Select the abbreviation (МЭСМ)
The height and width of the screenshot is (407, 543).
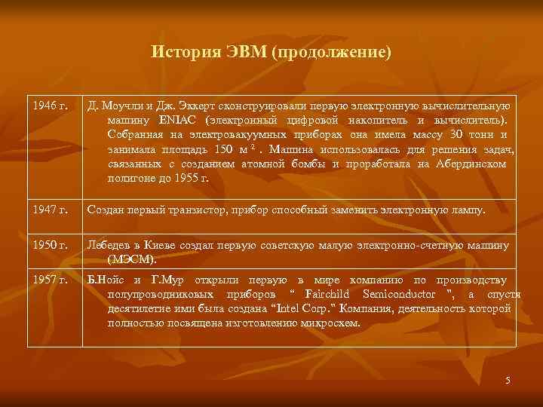click(132, 259)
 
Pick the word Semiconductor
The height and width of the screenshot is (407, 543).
click(400, 294)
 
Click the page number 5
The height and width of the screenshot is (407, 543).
click(508, 381)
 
